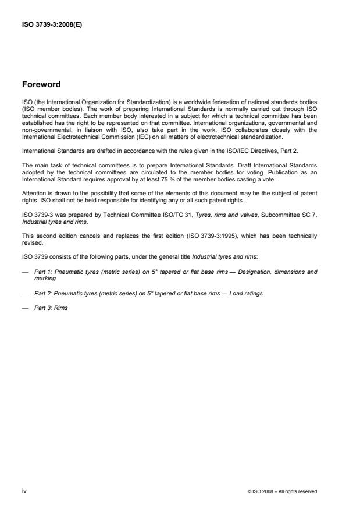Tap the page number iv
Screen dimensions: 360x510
pyautogui.click(x=24, y=491)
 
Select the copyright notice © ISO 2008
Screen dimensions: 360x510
pyautogui.click(x=281, y=491)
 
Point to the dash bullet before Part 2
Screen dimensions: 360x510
pyautogui.click(x=25, y=293)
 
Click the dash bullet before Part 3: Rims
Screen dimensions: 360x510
pyautogui.click(x=25, y=308)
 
